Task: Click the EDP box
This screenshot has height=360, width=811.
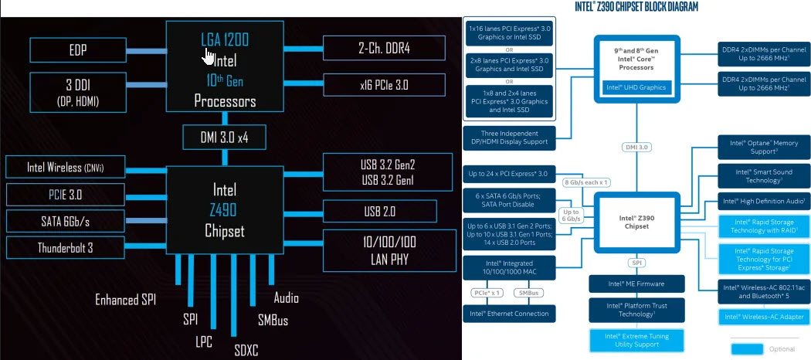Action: (77, 51)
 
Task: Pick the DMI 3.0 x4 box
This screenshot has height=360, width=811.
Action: (225, 138)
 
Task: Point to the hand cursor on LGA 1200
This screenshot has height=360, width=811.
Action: (209, 57)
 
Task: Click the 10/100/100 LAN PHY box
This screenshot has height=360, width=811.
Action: (384, 250)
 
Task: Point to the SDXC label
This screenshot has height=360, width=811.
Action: (246, 350)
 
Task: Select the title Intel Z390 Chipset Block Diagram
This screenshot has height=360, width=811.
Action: (636, 7)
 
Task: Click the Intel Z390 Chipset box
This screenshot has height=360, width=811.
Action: (636, 222)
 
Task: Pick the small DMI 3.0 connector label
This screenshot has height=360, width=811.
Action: (636, 147)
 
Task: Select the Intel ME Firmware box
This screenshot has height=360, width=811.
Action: (636, 284)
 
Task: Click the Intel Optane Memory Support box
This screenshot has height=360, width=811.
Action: (764, 148)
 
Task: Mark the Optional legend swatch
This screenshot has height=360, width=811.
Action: (752, 348)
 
